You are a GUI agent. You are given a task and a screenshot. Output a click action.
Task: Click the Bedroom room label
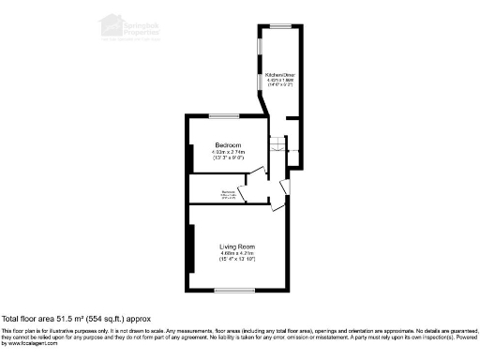[228, 145]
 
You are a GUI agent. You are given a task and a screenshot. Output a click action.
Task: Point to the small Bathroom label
[228, 192]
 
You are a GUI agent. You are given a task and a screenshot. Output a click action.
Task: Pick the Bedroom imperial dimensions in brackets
[228, 158]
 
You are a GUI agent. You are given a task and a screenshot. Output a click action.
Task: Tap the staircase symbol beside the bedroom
[278, 147]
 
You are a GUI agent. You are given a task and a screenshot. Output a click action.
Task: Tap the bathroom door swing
[243, 195]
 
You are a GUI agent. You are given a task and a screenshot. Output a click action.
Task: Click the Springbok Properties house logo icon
[112, 22]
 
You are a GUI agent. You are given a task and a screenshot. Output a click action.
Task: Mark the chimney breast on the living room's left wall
[191, 247]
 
